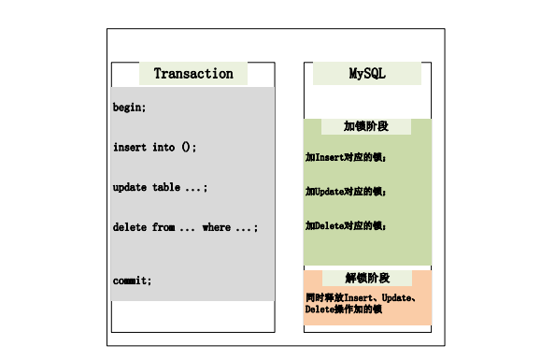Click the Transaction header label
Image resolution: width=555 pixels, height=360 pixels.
click(193, 74)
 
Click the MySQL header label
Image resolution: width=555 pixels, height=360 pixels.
click(367, 74)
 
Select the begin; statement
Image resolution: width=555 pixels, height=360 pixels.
click(129, 108)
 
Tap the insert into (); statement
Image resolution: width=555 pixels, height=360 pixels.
click(155, 147)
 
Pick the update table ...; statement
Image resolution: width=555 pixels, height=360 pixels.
click(160, 187)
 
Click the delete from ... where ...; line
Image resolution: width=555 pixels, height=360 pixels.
click(185, 227)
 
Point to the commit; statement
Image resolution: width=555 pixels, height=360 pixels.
click(132, 280)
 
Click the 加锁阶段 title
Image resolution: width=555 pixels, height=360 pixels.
click(366, 126)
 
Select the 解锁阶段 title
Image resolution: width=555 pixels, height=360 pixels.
click(367, 278)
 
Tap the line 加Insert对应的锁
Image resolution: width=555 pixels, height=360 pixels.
click(346, 157)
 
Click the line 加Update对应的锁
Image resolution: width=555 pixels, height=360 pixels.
click(346, 191)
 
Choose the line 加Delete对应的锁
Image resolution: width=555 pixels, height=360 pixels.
click(346, 225)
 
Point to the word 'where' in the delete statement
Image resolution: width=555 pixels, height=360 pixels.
click(216, 227)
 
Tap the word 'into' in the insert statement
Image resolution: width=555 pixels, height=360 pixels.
click(164, 147)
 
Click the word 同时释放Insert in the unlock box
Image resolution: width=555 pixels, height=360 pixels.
click(340, 296)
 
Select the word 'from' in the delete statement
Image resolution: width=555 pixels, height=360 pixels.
click(164, 227)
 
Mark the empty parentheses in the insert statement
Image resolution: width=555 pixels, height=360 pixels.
click(187, 147)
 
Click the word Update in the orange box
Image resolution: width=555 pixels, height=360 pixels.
click(399, 296)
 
